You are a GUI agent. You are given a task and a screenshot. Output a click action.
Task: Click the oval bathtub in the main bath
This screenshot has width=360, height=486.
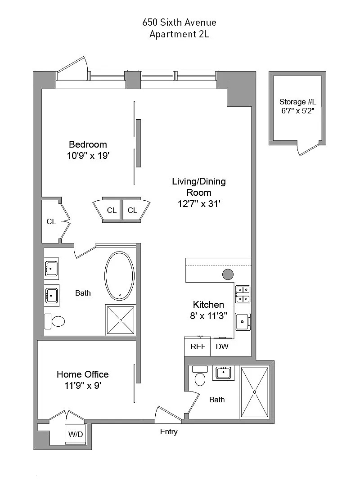pyautogui.click(x=120, y=276)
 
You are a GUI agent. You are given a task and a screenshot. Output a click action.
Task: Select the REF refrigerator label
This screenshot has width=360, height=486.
pyautogui.click(x=198, y=346)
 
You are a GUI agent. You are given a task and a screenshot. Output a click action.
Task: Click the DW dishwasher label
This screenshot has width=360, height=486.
pyautogui.click(x=222, y=346)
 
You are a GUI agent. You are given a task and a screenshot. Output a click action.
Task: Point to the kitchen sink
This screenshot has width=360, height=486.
pyautogui.click(x=243, y=322)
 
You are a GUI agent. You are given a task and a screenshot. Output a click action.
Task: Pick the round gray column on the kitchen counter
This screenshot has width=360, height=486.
pyautogui.click(x=228, y=274)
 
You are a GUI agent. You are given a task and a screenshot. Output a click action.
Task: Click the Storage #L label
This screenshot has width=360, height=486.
pyautogui.click(x=297, y=102)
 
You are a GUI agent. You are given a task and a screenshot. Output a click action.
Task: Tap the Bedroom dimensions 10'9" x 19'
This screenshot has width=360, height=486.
pyautogui.click(x=88, y=156)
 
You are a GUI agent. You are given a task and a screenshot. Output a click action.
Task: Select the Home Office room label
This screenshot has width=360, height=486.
pyautogui.click(x=82, y=374)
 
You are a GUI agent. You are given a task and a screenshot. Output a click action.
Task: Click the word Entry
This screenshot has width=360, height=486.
pyautogui.click(x=169, y=432)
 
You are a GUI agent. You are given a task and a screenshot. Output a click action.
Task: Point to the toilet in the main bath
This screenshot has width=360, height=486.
pyautogui.click(x=55, y=321)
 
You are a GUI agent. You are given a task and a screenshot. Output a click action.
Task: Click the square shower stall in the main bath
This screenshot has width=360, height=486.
pyautogui.click(x=121, y=320)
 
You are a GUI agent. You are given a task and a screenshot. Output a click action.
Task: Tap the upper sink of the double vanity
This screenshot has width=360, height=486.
pyautogui.click(x=51, y=268)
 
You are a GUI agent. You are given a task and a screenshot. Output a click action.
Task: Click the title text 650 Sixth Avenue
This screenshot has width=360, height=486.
pyautogui.click(x=179, y=22)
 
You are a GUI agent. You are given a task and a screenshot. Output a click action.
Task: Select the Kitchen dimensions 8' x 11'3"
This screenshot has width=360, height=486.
pyautogui.click(x=208, y=316)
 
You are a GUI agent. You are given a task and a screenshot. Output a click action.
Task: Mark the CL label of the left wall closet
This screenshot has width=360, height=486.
pyautogui.click(x=51, y=221)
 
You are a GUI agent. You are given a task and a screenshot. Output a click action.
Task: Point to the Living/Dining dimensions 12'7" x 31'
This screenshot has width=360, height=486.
pyautogui.click(x=199, y=204)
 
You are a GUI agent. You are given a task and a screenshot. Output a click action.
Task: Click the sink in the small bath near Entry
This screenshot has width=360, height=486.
pyautogui.click(x=223, y=373)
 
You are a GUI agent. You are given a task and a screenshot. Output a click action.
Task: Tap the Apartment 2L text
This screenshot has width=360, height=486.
pyautogui.click(x=179, y=34)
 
